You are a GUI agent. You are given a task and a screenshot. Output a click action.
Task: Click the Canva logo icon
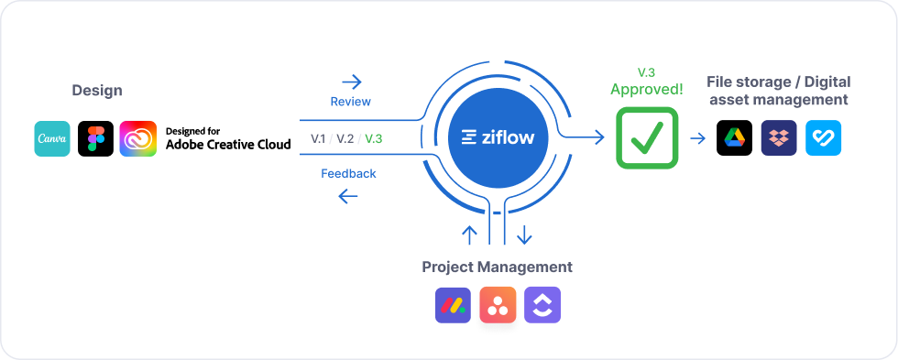pyautogui.click(x=52, y=138)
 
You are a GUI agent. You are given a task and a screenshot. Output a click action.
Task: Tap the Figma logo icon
pyautogui.click(x=95, y=138)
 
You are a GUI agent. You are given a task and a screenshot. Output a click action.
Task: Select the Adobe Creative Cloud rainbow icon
pyautogui.click(x=138, y=138)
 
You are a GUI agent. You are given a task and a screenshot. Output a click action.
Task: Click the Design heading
pyautogui.click(x=97, y=91)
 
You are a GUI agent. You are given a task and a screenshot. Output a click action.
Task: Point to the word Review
pyautogui.click(x=350, y=102)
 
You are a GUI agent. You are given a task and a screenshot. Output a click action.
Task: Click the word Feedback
pyautogui.click(x=348, y=173)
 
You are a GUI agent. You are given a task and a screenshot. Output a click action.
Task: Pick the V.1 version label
pyautogui.click(x=319, y=138)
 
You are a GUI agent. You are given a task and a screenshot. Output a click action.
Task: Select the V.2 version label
pyautogui.click(x=345, y=138)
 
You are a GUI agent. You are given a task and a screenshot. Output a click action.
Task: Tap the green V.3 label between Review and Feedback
pyautogui.click(x=374, y=138)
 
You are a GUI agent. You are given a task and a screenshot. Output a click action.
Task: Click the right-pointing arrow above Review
pyautogui.click(x=350, y=82)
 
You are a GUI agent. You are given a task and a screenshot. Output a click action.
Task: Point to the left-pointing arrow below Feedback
pyautogui.click(x=348, y=195)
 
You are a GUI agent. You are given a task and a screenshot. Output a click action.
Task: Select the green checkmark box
pyautogui.click(x=647, y=138)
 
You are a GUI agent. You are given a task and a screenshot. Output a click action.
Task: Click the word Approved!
pyautogui.click(x=647, y=90)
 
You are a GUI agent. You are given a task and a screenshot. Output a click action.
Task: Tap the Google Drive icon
pyautogui.click(x=734, y=138)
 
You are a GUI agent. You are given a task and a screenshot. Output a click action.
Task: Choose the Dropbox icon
pyautogui.click(x=779, y=138)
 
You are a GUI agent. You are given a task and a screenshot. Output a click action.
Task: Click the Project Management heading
pyautogui.click(x=497, y=267)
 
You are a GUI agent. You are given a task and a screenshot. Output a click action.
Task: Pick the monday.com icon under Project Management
pyautogui.click(x=453, y=306)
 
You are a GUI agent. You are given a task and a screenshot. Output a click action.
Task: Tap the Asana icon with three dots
pyautogui.click(x=498, y=306)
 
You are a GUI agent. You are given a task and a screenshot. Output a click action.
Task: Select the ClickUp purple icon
pyautogui.click(x=542, y=306)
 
